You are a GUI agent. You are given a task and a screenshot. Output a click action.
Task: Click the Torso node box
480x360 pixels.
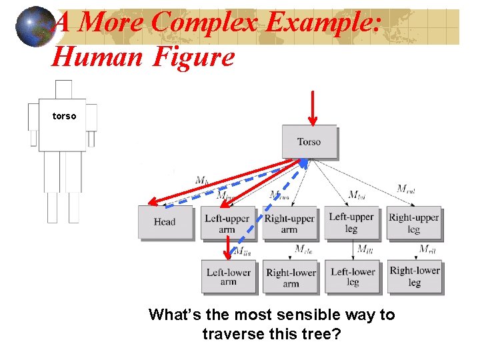pyautogui.click(x=309, y=141)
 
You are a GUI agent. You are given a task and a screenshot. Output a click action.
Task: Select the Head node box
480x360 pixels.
pyautogui.click(x=164, y=222)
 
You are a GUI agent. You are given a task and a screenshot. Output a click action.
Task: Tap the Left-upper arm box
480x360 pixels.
pyautogui.click(x=227, y=223)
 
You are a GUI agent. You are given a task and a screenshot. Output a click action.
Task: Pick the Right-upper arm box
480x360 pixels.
pyautogui.click(x=289, y=223)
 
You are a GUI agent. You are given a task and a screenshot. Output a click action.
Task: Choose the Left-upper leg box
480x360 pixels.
pyautogui.click(x=351, y=223)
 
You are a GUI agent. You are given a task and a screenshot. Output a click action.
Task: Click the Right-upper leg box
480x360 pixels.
pyautogui.click(x=413, y=223)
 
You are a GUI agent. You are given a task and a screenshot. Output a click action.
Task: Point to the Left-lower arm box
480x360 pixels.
pyautogui.click(x=228, y=277)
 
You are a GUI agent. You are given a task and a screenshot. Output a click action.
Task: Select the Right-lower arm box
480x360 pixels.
pyautogui.click(x=290, y=277)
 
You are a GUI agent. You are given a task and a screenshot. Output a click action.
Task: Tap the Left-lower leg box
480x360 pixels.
pyautogui.click(x=353, y=277)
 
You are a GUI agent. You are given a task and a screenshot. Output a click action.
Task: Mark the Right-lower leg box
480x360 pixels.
pyautogui.click(x=414, y=276)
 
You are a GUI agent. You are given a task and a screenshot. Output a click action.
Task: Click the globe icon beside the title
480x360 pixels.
pyautogui.click(x=34, y=27)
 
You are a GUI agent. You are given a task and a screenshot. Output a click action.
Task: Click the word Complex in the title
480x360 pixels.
pyautogui.click(x=204, y=23)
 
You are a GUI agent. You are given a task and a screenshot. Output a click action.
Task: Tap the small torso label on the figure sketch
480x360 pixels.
pyautogui.click(x=65, y=116)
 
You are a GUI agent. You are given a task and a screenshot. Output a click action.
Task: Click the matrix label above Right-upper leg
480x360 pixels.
pyautogui.click(x=406, y=189)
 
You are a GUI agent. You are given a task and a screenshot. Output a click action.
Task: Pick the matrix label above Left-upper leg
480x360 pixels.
pyautogui.click(x=357, y=195)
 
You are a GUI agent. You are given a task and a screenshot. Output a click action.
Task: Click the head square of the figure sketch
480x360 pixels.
pyautogui.click(x=63, y=89)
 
